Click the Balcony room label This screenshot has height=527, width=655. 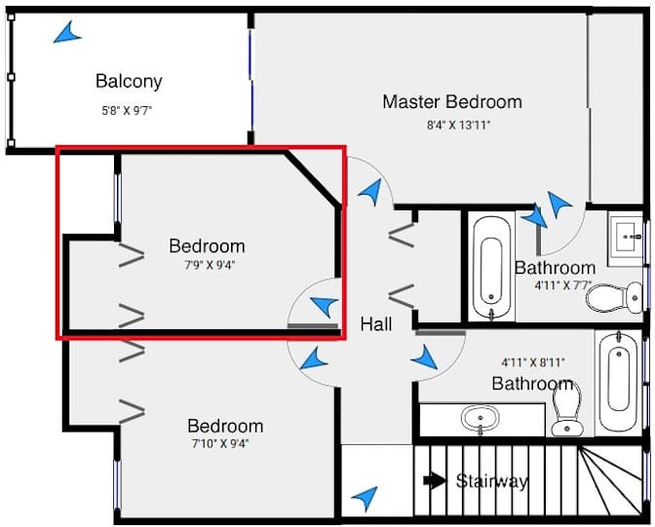129,81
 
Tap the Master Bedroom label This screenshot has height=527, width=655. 451,101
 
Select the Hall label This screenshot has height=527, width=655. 376,323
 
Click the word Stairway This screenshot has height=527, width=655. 492,480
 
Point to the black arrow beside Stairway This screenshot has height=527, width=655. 435,479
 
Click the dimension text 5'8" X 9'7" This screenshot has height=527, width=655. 129,110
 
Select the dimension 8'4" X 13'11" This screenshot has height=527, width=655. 452,126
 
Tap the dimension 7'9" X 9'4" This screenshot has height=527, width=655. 207,263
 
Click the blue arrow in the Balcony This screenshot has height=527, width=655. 66,34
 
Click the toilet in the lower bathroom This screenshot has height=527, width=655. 566,410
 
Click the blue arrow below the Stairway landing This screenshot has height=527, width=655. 365,499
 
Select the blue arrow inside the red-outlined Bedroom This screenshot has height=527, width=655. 323,304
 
